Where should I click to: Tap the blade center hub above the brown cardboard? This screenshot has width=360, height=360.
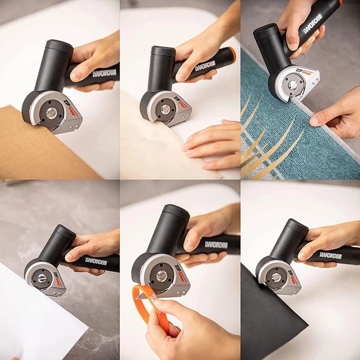pos(52,112)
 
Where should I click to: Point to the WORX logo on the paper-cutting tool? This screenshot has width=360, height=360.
pos(95,261)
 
